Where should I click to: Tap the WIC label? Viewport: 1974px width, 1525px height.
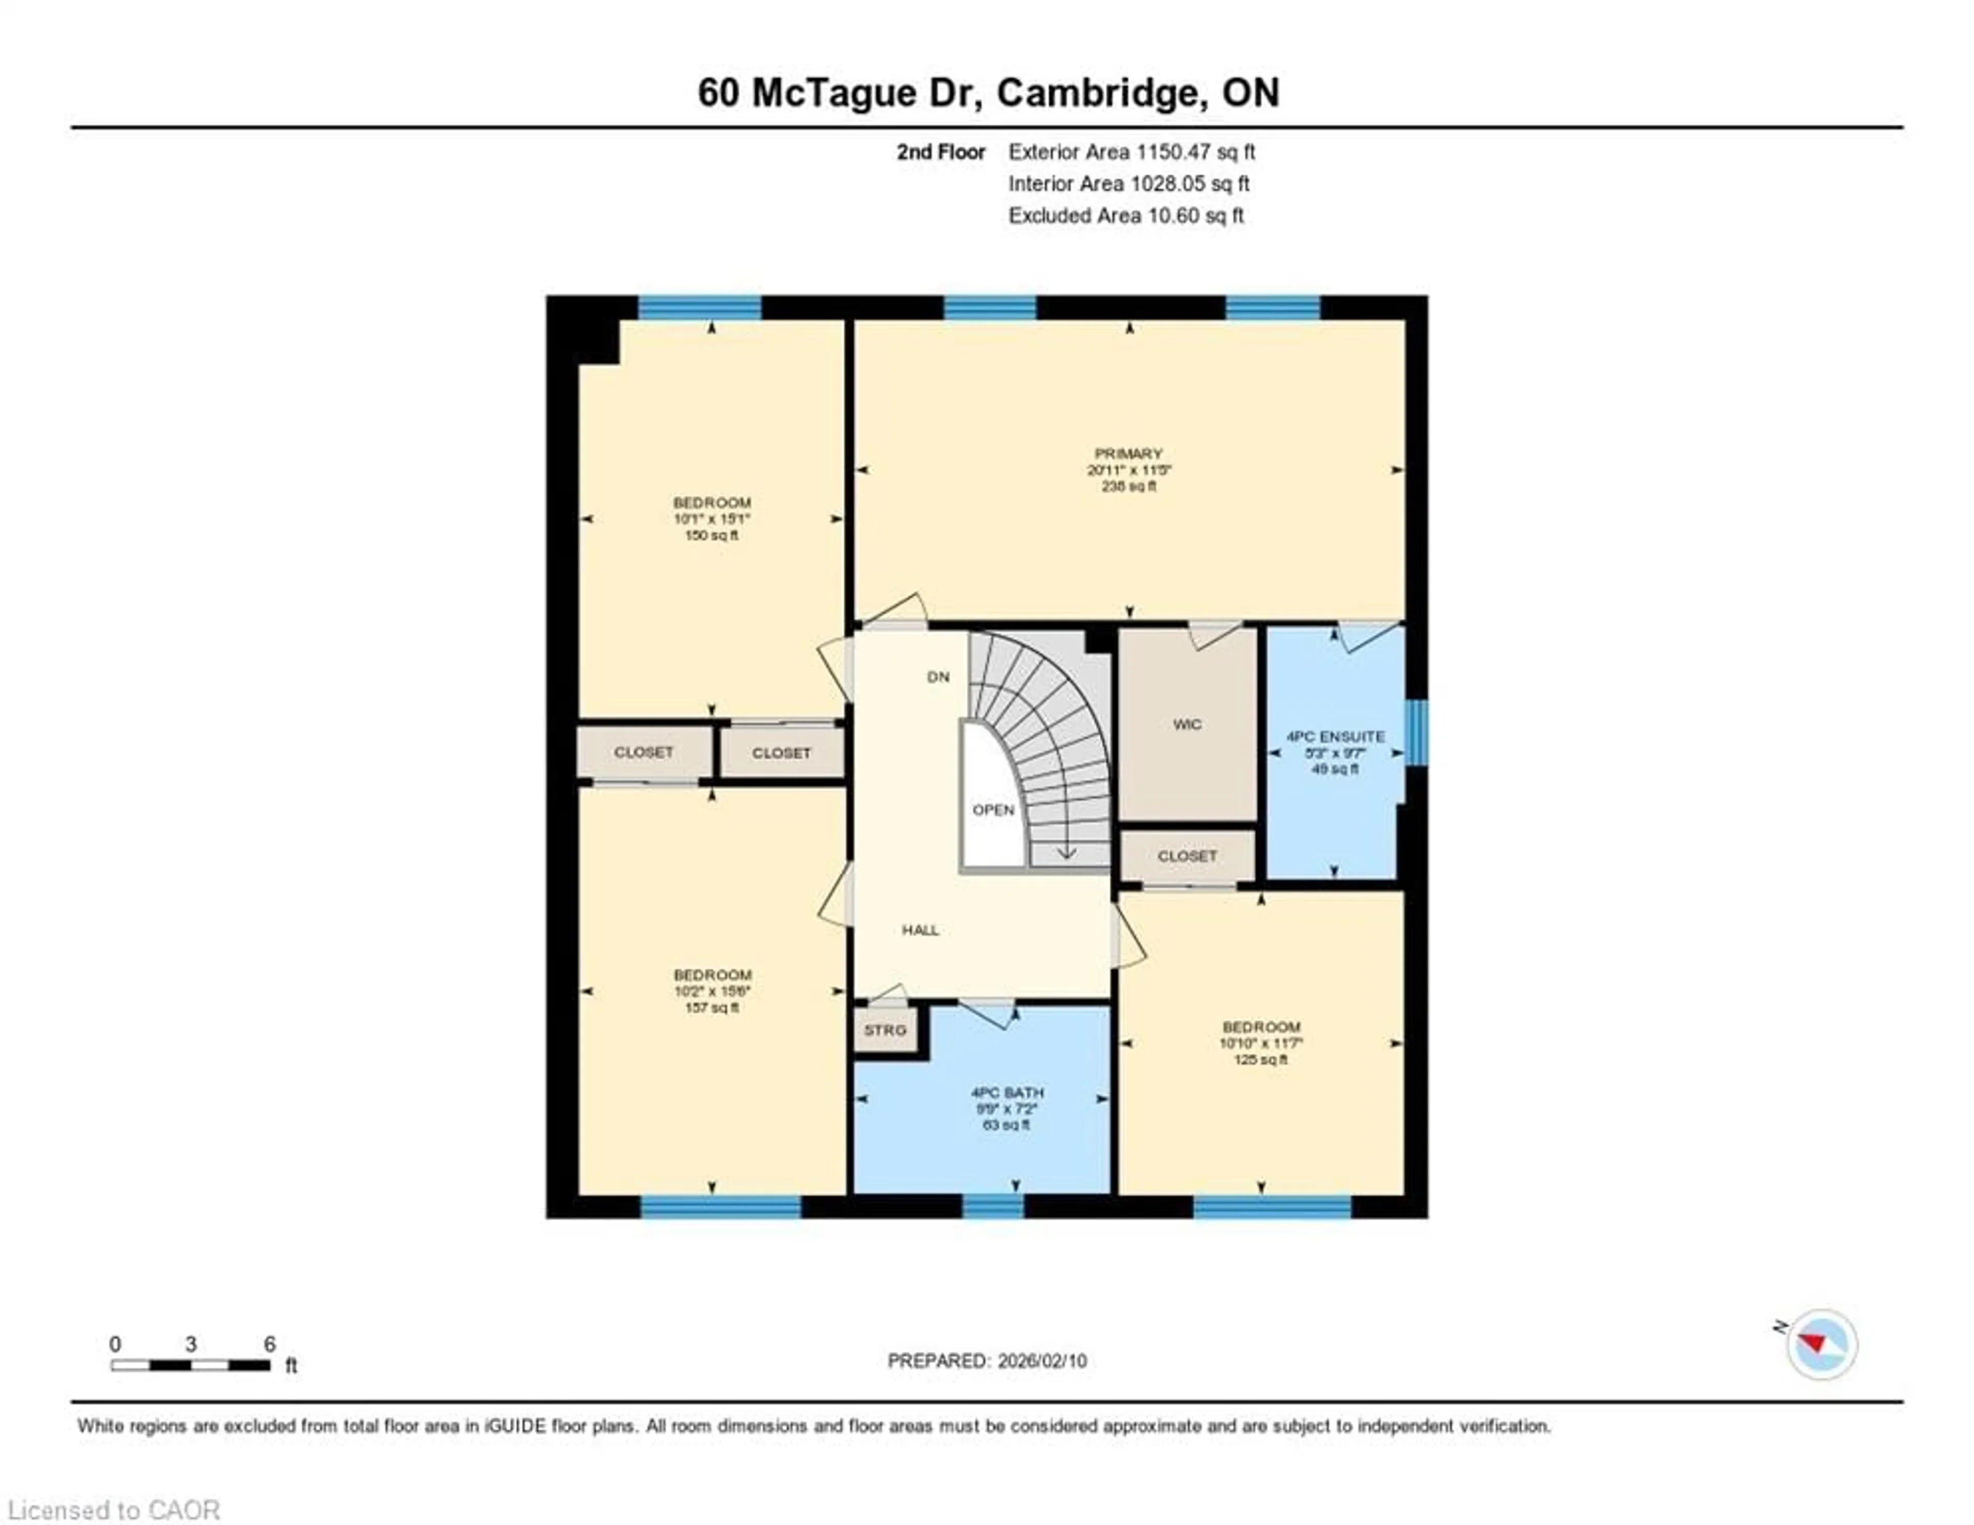[1187, 724]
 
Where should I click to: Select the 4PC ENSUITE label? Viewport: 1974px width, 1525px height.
[1335, 737]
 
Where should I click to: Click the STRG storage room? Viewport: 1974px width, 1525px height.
[885, 1030]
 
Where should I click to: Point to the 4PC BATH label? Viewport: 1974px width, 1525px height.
[1007, 1092]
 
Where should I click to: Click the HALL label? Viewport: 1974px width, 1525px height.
[920, 929]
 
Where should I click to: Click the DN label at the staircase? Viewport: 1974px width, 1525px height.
[938, 676]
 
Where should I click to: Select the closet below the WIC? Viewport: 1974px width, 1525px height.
[1187, 855]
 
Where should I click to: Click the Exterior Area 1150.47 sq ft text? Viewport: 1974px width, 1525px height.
[1131, 152]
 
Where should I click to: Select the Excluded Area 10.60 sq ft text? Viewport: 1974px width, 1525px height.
[1126, 215]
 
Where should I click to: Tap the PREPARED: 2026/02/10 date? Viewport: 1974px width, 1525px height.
[987, 1361]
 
